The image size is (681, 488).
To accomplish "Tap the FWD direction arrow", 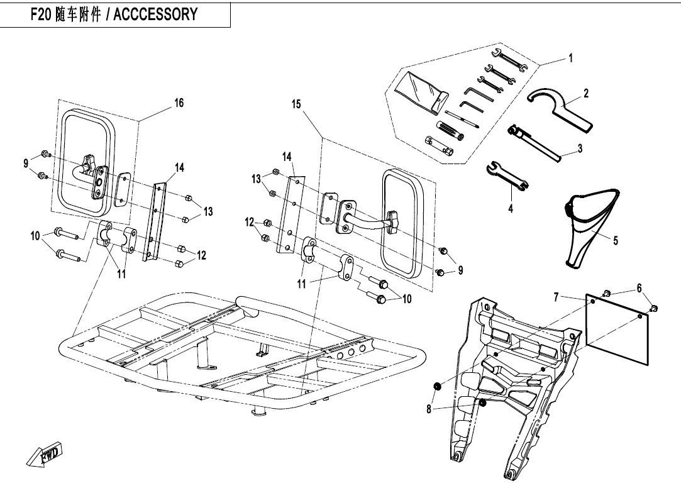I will [45, 455].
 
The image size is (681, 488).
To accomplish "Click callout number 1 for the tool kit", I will [570, 58].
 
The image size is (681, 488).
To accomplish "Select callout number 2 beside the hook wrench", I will [586, 93].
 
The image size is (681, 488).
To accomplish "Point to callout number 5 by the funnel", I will [616, 240].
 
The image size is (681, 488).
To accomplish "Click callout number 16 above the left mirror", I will [179, 103].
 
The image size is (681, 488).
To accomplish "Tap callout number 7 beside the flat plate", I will [556, 296].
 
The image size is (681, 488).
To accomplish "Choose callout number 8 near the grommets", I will [428, 409].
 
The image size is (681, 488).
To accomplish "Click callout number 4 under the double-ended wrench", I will [511, 208].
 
